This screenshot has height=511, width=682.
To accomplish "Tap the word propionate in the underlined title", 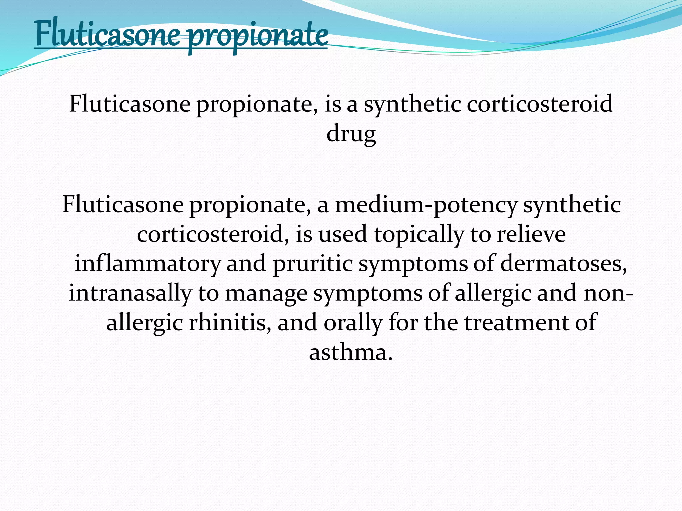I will click(x=258, y=36).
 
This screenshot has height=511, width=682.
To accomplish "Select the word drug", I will click(x=351, y=134).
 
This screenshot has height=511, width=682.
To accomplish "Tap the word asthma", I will click(x=351, y=352).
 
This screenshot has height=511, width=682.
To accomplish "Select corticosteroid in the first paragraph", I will click(x=539, y=104).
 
